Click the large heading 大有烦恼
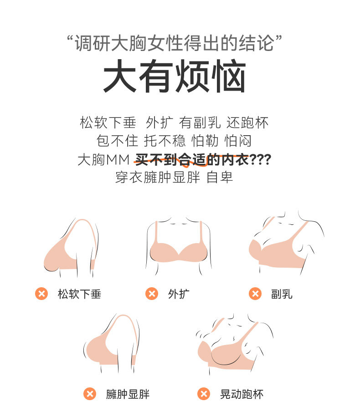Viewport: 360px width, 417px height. tap(175, 76)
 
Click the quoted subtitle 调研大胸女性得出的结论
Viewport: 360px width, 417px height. tap(174, 43)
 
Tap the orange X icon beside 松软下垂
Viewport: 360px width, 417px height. tap(41, 294)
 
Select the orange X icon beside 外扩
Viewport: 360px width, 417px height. tap(152, 294)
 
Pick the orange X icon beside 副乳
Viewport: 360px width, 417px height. tap(255, 294)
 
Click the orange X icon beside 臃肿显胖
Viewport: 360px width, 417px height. tap(90, 394)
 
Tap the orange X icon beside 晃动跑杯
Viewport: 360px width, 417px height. tap(204, 394)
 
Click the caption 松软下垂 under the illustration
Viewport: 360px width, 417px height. tap(79, 294)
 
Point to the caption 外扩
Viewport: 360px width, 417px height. tap(179, 294)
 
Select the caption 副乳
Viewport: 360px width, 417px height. tap(282, 294)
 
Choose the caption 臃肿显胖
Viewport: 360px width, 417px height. tap(128, 394)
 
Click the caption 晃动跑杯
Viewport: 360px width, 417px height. tap(242, 394)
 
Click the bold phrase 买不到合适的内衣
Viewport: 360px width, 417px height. tap(192, 160)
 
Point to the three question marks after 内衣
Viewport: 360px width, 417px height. tap(260, 160)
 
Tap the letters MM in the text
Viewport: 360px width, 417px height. tap(118, 160)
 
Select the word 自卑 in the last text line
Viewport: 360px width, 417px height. tap(220, 178)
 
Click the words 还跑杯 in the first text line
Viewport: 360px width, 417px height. tap(247, 122)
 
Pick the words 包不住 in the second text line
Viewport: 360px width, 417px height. tap(118, 141)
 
